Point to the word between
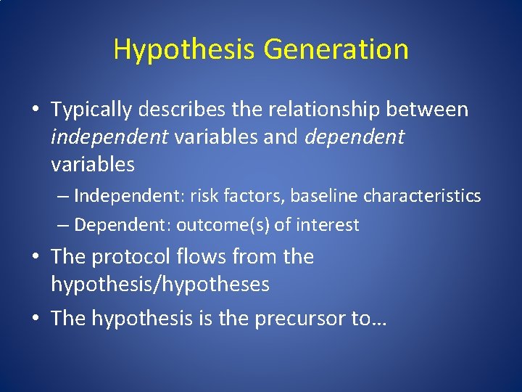434,110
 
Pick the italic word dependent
355,137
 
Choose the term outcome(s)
223,225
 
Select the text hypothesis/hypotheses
159,285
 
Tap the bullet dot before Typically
36,110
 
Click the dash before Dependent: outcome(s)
63,225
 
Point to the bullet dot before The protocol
36,258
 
